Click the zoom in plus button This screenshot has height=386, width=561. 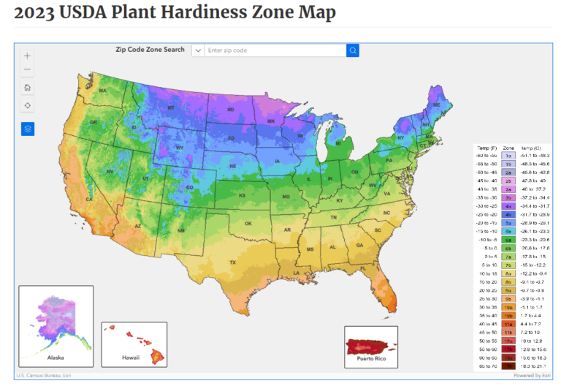27,56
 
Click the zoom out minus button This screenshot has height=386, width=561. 27,69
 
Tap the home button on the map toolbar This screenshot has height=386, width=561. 27,88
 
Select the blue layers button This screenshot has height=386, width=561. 27,129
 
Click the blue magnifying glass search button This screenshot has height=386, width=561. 353,50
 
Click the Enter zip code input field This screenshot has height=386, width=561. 274,50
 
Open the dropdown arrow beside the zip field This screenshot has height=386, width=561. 197,50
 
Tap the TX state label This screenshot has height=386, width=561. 233,262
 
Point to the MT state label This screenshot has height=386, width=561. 171,107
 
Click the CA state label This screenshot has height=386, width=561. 89,199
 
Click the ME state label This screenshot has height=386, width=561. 437,106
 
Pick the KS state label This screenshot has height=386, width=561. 241,196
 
